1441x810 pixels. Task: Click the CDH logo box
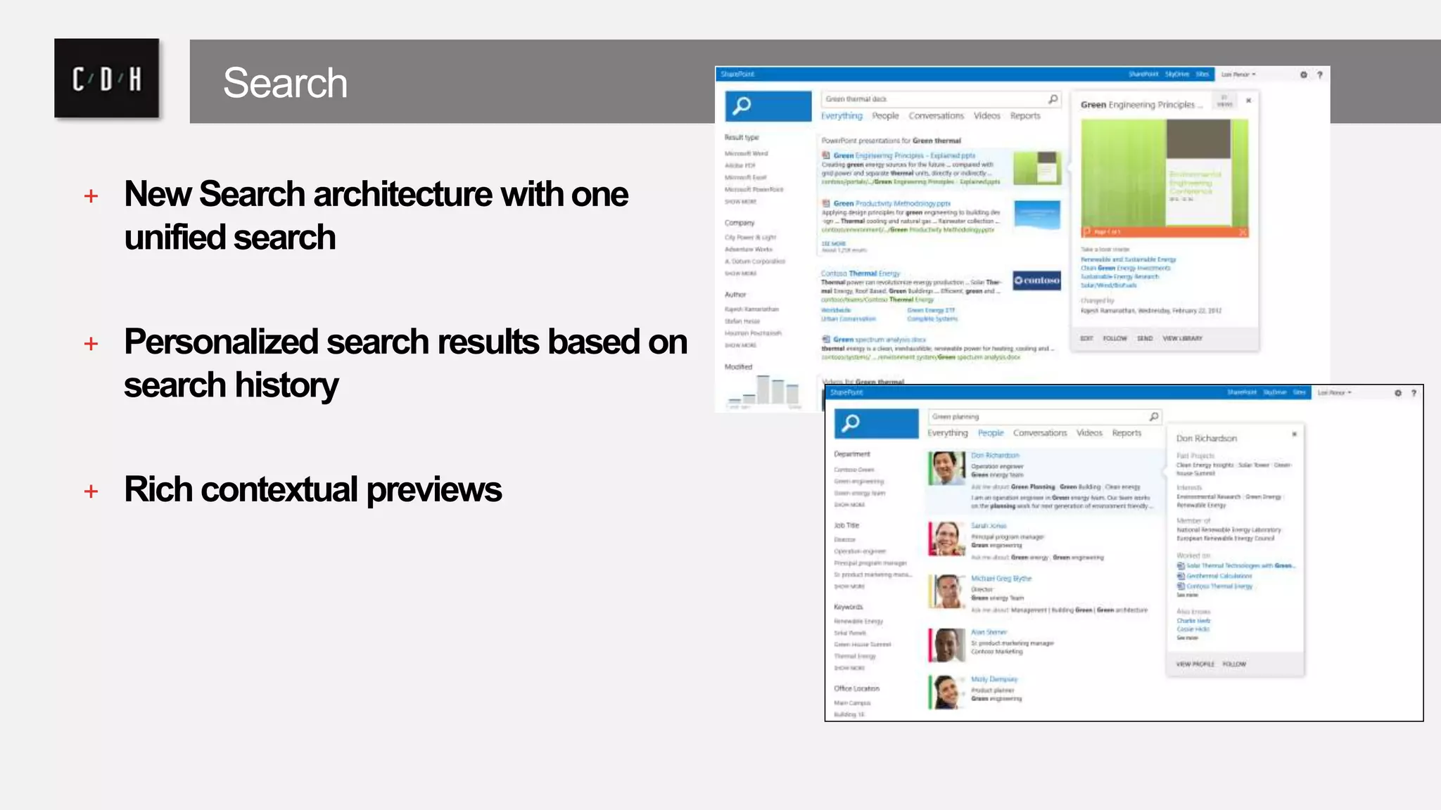coord(106,78)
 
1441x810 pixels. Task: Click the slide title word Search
coord(285,83)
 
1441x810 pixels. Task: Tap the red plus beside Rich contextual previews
coord(91,491)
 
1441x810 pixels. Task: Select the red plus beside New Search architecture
coord(91,195)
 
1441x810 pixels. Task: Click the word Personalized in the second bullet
coord(221,342)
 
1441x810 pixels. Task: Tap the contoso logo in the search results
coord(1036,281)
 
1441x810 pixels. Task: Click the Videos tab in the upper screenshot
coord(986,116)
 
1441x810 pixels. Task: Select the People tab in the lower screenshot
coord(991,433)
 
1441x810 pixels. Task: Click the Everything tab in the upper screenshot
coord(842,116)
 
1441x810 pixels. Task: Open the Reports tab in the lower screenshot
coord(1126,433)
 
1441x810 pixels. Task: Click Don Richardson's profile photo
coord(947,468)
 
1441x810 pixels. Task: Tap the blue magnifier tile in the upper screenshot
coord(768,106)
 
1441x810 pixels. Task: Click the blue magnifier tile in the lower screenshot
coord(876,423)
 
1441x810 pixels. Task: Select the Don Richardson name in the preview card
coord(1206,438)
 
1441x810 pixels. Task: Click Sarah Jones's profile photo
coord(947,539)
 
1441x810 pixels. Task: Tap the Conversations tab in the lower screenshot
coord(1039,433)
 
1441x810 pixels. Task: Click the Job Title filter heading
coord(846,525)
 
